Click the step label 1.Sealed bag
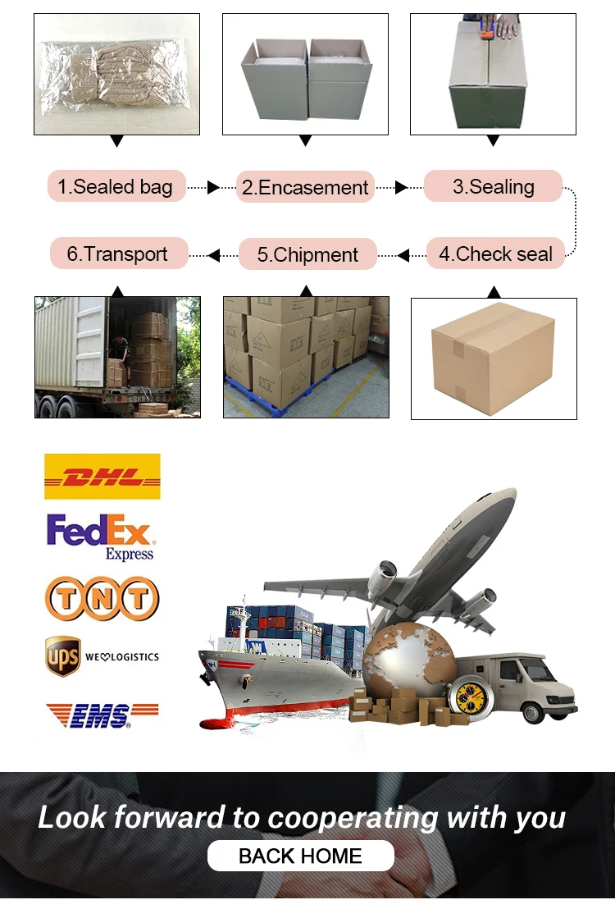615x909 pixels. (116, 187)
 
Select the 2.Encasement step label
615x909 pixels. (305, 187)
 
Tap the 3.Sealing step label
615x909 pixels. (493, 186)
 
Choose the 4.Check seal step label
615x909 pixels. (495, 254)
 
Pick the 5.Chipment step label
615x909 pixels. (307, 254)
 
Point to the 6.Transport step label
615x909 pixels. (117, 254)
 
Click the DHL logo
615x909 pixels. (102, 477)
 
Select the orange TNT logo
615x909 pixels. (102, 598)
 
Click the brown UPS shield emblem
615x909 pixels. (62, 657)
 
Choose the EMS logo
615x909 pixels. (102, 715)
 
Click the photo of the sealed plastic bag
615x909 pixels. (116, 74)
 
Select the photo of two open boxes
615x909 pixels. (305, 74)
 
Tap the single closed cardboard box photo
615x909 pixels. (494, 358)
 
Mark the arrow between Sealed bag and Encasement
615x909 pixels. (212, 188)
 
